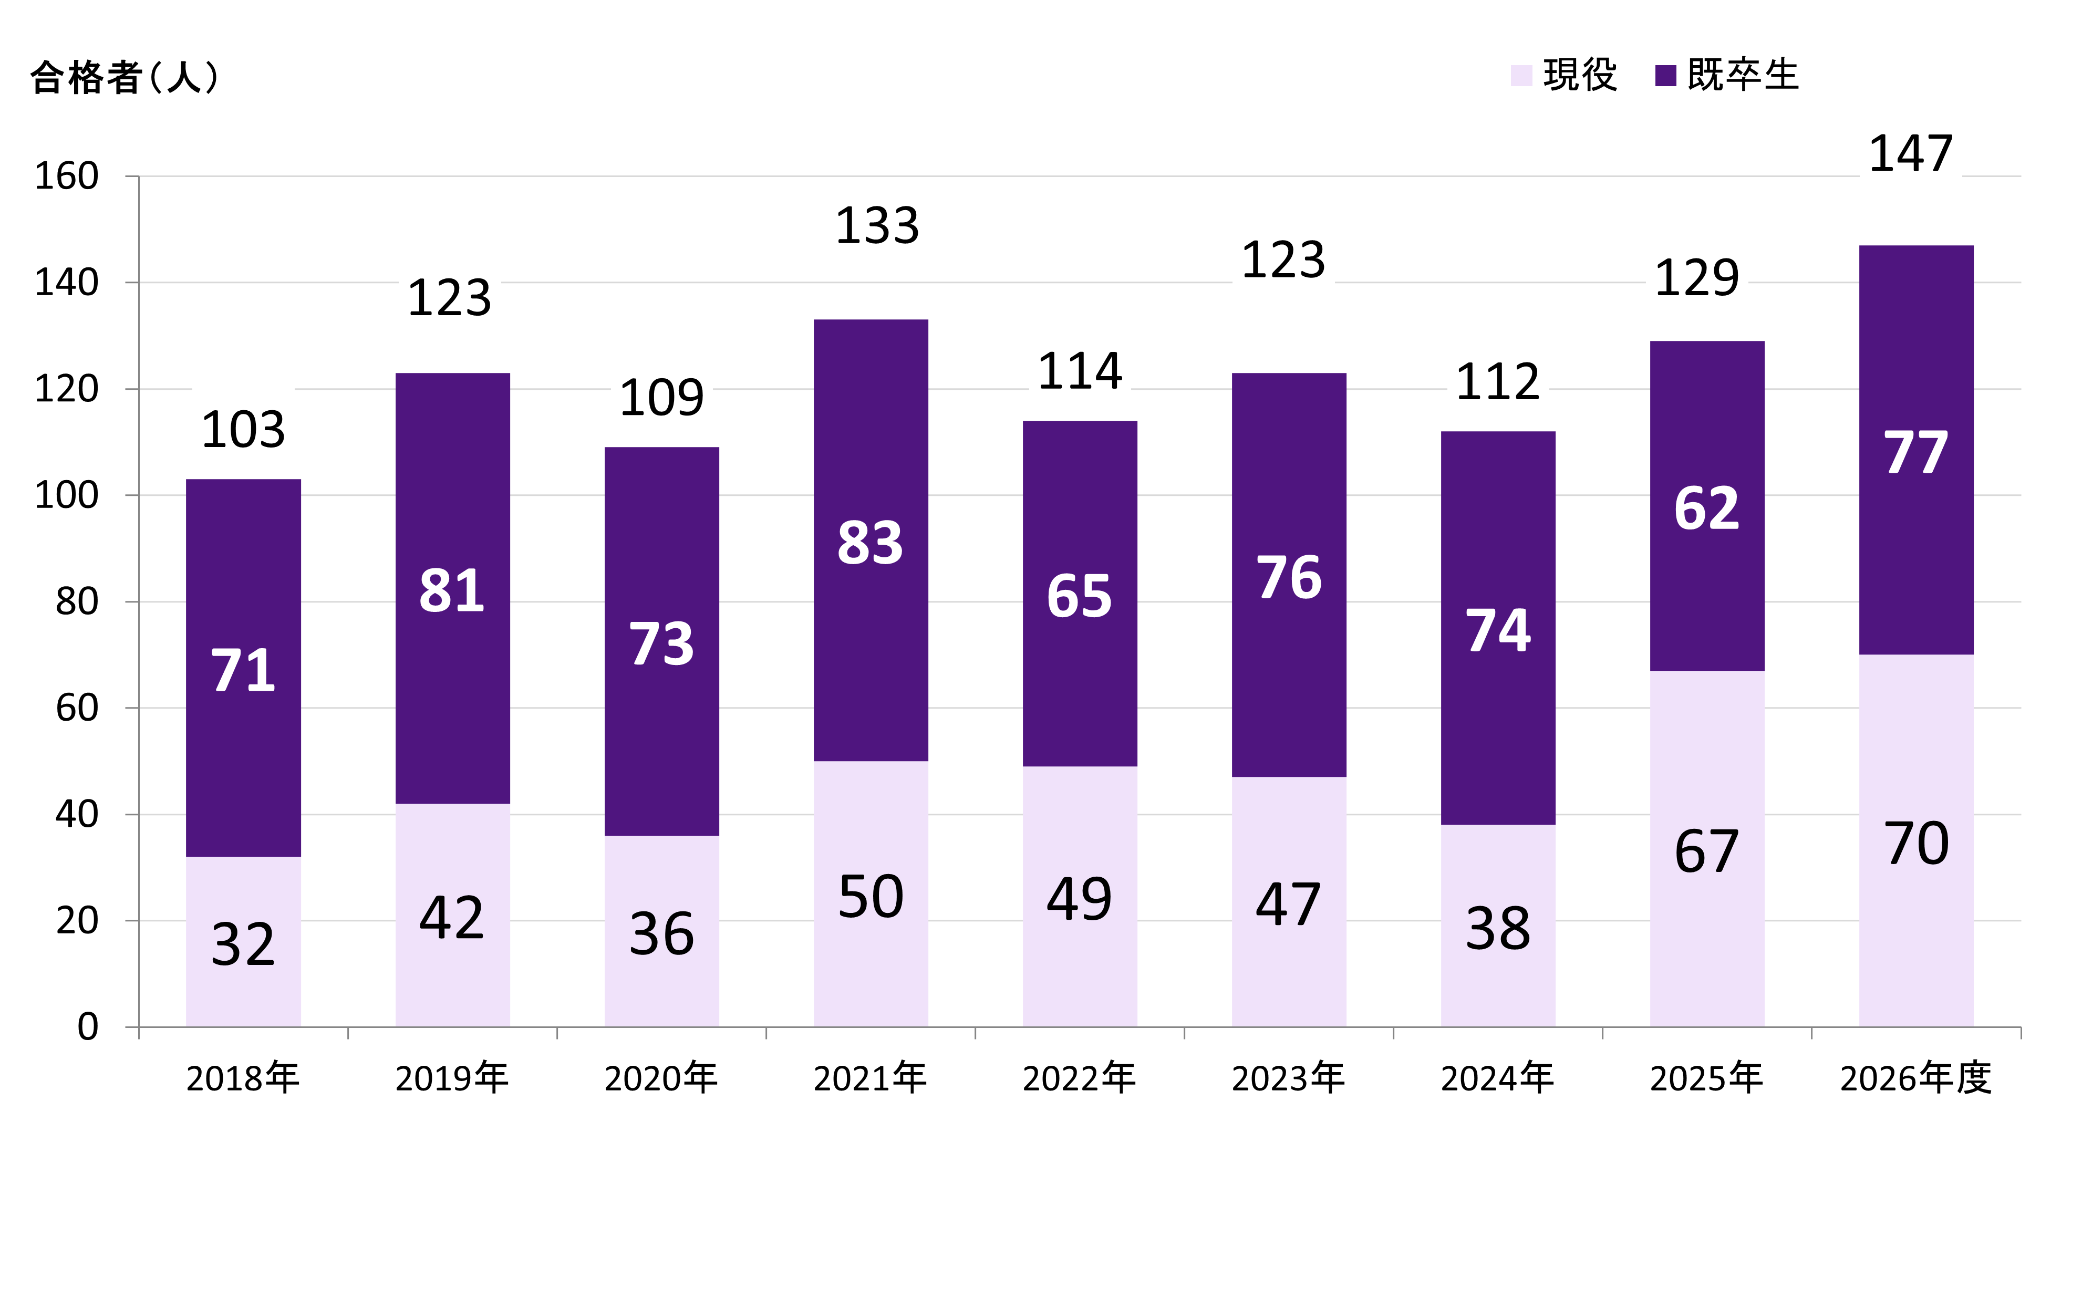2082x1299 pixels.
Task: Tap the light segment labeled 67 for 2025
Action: coord(1706,850)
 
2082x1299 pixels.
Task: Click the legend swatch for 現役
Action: coord(1521,76)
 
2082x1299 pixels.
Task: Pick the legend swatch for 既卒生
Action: coord(1665,76)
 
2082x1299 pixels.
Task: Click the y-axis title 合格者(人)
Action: coord(125,77)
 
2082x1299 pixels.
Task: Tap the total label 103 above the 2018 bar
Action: coord(243,430)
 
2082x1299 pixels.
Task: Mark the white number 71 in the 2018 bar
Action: coord(243,670)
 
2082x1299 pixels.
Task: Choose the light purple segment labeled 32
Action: coord(243,945)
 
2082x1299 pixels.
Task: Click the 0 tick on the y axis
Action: coord(88,1027)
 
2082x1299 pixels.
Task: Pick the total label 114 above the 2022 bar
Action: coord(1079,371)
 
